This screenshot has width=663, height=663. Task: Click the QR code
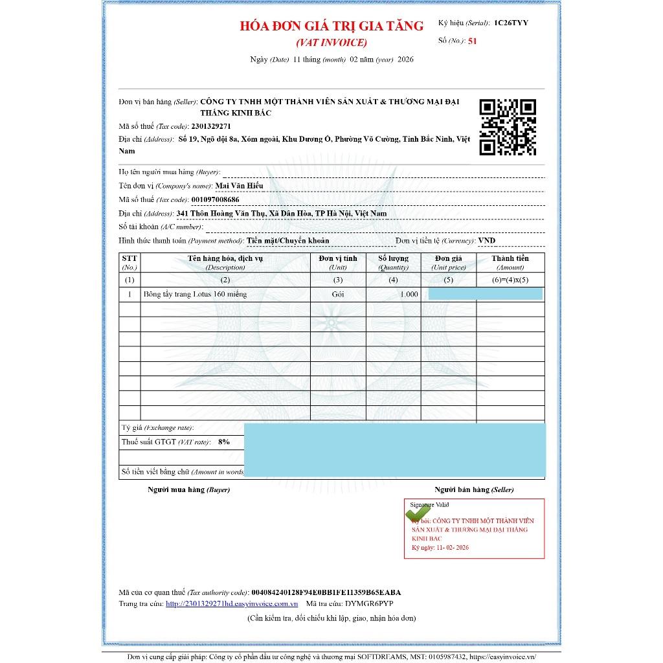[508, 128]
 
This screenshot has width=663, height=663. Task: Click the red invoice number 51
[473, 40]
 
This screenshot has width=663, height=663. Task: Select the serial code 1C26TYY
[511, 23]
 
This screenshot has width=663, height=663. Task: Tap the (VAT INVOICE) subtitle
[331, 43]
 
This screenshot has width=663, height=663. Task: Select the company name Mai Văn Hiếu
[240, 186]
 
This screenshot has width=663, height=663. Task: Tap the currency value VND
[487, 240]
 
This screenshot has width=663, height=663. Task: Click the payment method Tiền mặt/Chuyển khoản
[288, 240]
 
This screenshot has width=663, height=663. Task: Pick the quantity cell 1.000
[409, 294]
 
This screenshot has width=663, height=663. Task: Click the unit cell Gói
[338, 294]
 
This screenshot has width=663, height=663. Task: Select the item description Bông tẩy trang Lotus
[195, 294]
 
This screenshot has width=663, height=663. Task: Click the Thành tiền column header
[510, 258]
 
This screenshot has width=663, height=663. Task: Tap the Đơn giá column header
[448, 258]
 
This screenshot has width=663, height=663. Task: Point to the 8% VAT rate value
[224, 442]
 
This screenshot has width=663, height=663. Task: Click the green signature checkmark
[418, 513]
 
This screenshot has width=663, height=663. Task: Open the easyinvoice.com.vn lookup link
[231, 603]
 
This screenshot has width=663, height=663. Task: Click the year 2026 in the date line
[405, 59]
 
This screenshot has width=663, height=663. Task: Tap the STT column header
[129, 258]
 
